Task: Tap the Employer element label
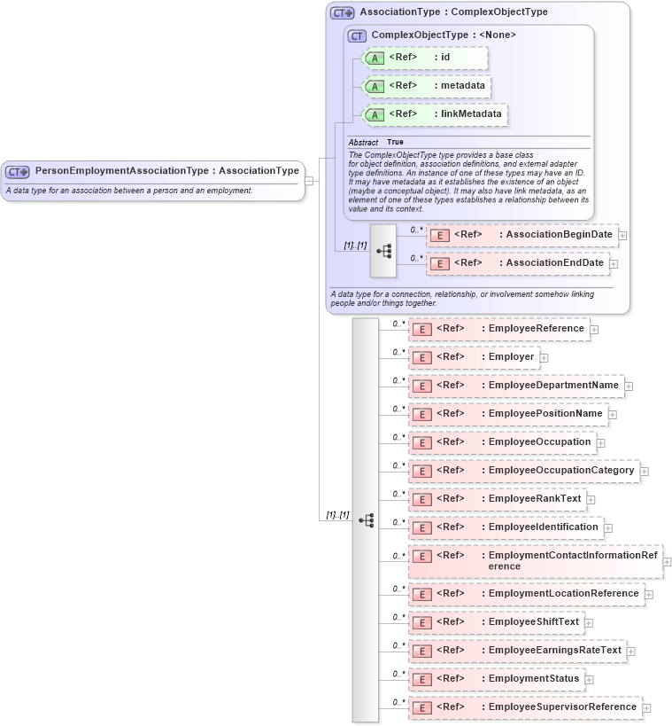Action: [512, 357]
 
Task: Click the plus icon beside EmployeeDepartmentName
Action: [629, 386]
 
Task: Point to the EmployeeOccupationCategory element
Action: [522, 471]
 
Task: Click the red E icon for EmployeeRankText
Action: [421, 499]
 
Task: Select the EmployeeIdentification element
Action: [505, 527]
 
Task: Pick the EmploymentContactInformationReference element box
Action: [535, 561]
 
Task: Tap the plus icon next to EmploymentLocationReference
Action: [649, 594]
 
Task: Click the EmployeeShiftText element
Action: [495, 622]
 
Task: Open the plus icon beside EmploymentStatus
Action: [590, 679]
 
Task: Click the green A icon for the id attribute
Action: [375, 59]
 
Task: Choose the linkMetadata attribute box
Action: [434, 114]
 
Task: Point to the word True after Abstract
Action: [395, 142]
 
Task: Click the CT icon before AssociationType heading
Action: [342, 13]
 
